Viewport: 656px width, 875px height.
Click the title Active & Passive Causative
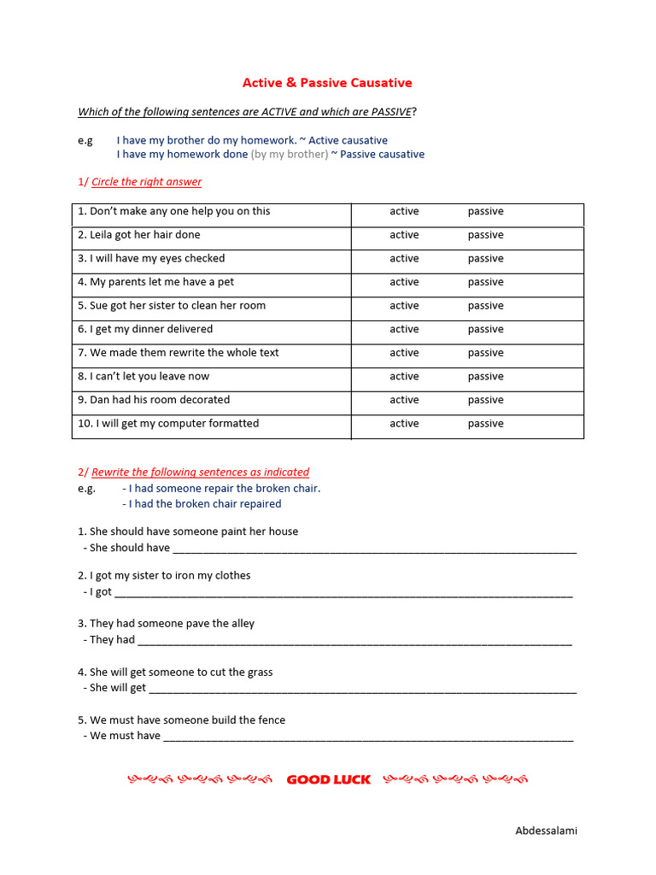(327, 83)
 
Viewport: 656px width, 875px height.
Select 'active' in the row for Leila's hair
(404, 235)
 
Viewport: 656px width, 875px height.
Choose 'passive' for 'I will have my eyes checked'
(485, 258)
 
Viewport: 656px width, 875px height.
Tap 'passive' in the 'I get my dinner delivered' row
(485, 329)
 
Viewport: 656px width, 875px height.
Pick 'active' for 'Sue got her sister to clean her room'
(404, 305)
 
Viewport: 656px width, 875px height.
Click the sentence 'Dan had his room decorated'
(154, 400)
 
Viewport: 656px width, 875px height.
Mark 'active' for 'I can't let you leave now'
(404, 376)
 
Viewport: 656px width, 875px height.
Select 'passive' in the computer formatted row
(485, 423)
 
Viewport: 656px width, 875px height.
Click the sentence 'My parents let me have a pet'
(155, 282)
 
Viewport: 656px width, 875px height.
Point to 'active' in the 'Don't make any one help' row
(404, 211)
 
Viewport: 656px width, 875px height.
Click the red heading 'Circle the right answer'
(146, 182)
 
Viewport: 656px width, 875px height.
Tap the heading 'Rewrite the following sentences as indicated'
(200, 472)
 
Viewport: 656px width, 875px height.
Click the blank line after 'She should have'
(374, 549)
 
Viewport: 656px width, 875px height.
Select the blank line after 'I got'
(343, 593)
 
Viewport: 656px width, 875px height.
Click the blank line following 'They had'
(354, 641)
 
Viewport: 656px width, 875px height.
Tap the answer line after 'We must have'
(367, 737)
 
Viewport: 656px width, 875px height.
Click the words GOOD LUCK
(328, 779)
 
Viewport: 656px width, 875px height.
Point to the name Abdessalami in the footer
(546, 831)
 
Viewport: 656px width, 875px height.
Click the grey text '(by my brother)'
(289, 155)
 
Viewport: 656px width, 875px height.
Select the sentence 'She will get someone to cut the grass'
(175, 672)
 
